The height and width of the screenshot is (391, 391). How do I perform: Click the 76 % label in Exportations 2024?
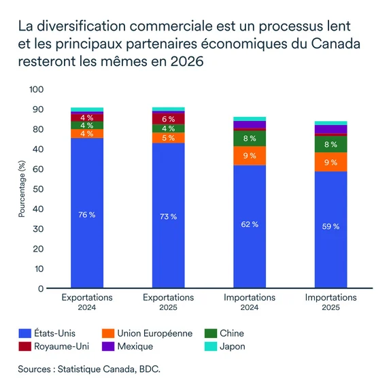point(87,215)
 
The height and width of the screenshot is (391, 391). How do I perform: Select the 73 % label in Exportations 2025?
point(168,216)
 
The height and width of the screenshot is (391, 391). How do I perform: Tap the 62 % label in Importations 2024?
point(250,224)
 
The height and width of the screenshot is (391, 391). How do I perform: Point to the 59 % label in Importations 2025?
point(330,226)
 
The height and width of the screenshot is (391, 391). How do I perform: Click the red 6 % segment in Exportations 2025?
point(168,118)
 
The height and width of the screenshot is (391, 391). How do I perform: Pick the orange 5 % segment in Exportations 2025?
point(168,138)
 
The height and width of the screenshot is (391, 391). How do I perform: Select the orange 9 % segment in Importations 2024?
point(250,156)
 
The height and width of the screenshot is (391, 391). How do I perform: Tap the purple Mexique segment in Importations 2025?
point(330,129)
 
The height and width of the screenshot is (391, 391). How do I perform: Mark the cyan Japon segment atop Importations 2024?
point(250,119)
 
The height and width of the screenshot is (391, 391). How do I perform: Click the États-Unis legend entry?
point(50,333)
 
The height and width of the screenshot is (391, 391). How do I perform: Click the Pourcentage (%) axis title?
point(21,189)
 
